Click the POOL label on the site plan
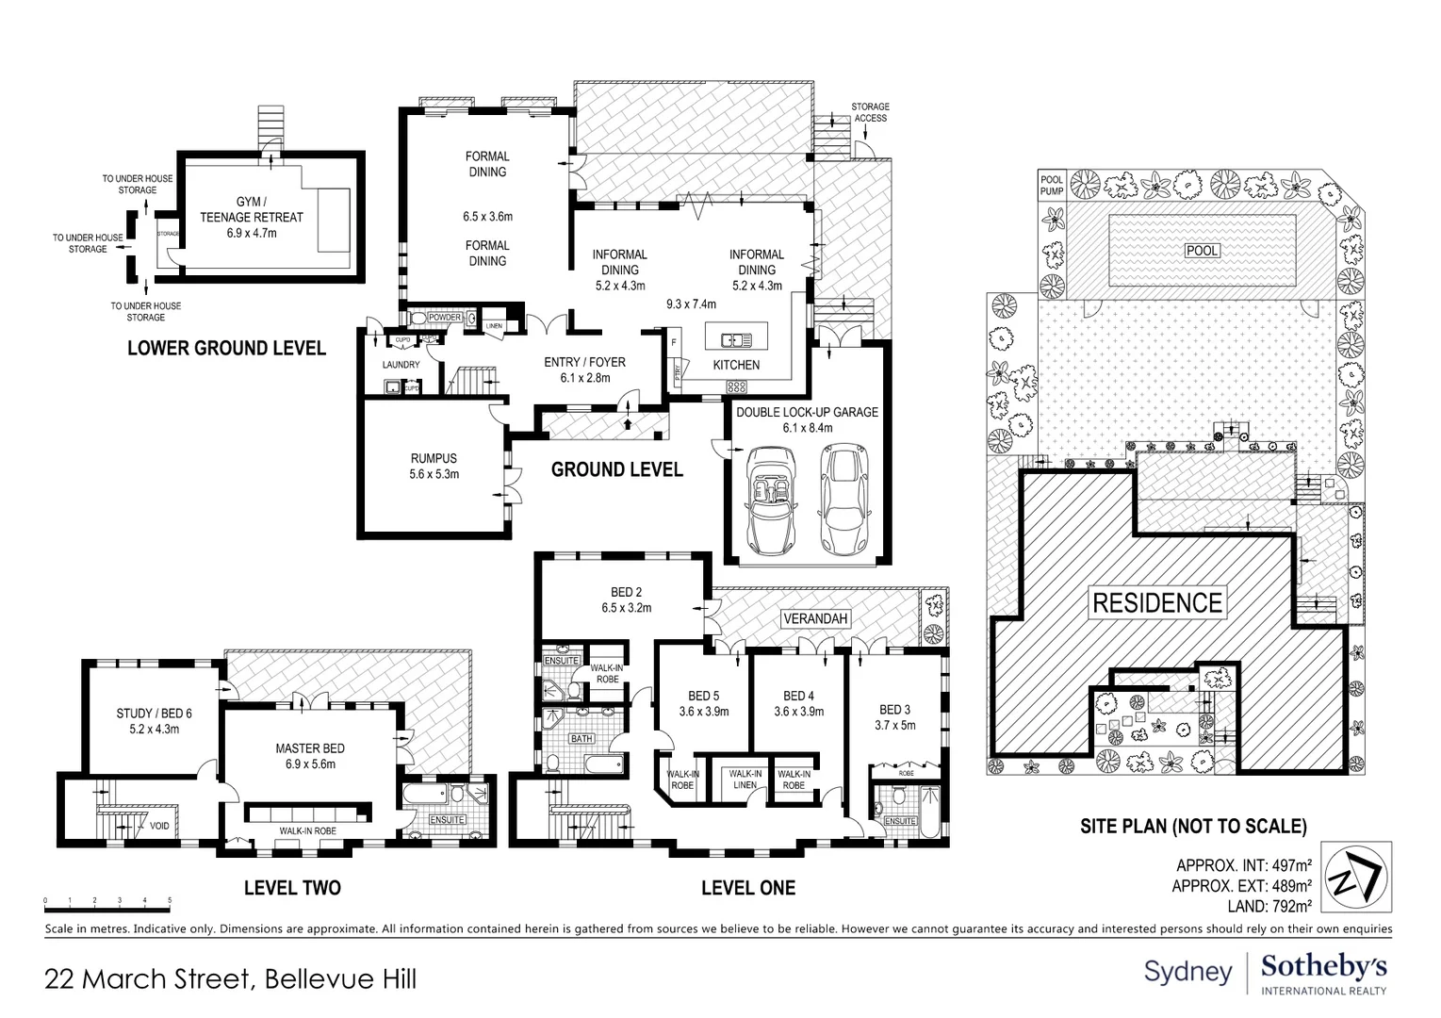(x=1202, y=251)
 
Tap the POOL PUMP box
(x=1051, y=185)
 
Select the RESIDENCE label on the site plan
(x=1157, y=602)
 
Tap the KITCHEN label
(x=735, y=365)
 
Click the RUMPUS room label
(x=434, y=467)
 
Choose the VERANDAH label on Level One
(x=815, y=619)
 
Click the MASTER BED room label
(x=310, y=756)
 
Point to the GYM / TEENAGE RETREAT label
(x=252, y=217)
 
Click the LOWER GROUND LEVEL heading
(x=226, y=349)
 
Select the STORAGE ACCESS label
(x=870, y=112)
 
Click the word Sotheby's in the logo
(x=1323, y=967)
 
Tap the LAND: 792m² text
(x=1261, y=907)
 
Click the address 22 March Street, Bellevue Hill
(x=231, y=978)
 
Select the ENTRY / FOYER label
(x=584, y=369)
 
